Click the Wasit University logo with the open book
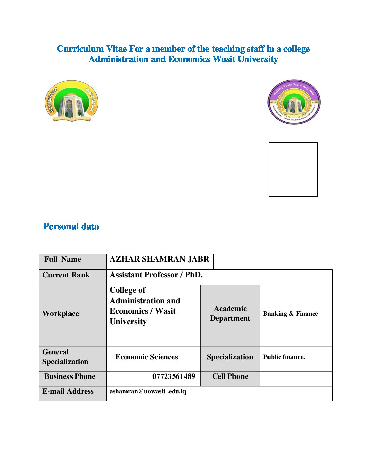click(72, 101)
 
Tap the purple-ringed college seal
click(294, 102)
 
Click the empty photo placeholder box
click(293, 169)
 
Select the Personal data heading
click(71, 226)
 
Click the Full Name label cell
click(63, 259)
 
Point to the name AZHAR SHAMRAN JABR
click(159, 259)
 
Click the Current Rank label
click(66, 275)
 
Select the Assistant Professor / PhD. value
click(156, 275)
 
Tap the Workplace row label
click(61, 314)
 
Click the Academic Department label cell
click(230, 313)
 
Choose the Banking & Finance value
click(290, 314)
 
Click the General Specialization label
click(65, 357)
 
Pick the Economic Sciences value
click(147, 357)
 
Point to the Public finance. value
click(284, 357)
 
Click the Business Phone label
click(70, 376)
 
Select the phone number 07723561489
click(174, 376)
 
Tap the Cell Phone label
click(230, 376)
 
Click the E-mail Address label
click(68, 391)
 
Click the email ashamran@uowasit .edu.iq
click(148, 391)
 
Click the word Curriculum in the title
click(80, 49)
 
